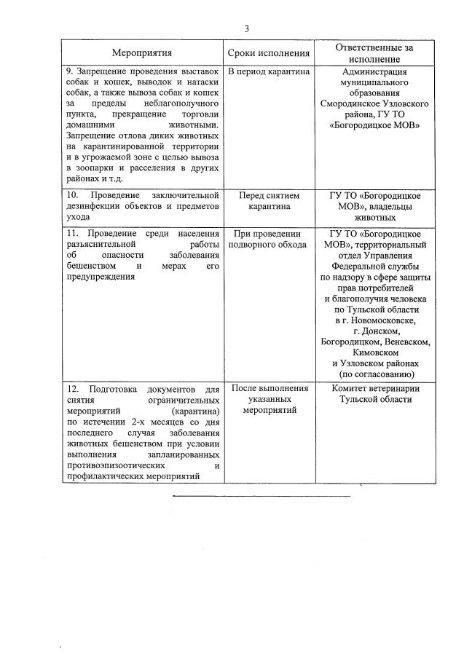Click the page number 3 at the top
246,29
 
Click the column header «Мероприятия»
142,53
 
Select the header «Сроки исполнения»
269,53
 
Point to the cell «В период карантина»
269,72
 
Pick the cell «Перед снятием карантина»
269,200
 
